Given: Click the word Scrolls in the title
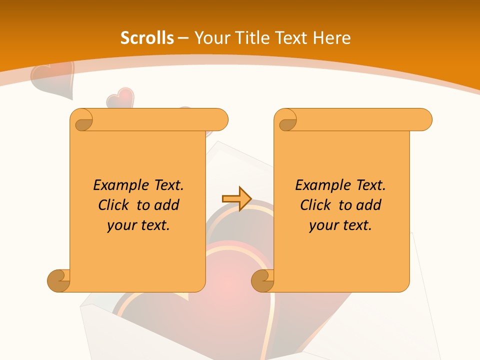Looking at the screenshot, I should tap(147, 38).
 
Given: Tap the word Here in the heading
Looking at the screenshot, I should tap(332, 38).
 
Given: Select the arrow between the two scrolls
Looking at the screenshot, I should tap(236, 199).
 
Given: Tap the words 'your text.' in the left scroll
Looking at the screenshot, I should tap(138, 225).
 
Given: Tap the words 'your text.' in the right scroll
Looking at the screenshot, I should tap(340, 225).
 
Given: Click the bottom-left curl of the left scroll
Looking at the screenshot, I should tap(59, 280).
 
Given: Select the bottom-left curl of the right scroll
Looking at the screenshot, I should tap(262, 280).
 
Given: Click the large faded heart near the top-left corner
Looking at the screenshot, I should tap(51, 78).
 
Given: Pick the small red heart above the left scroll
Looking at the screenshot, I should tap(120, 98).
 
